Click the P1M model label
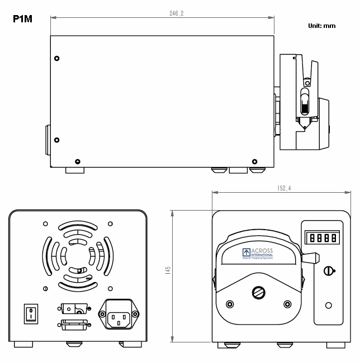[x=22, y=20]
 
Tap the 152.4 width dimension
[x=284, y=188]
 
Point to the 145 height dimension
[x=168, y=270]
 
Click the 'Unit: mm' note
[x=321, y=26]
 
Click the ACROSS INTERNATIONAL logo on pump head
[x=258, y=254]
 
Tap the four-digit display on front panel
[x=323, y=238]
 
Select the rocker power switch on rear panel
[x=30, y=313]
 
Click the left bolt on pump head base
[x=229, y=304]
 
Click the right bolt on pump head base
[x=288, y=304]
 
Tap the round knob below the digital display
[x=328, y=271]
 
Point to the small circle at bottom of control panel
[x=328, y=305]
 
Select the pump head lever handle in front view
[x=310, y=257]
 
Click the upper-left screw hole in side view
[x=56, y=58]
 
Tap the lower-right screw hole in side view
[x=255, y=161]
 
